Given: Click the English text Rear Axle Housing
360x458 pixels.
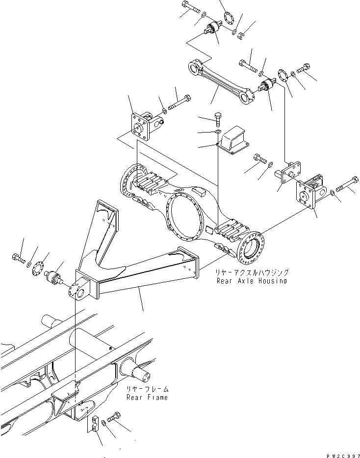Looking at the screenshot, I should [252, 281].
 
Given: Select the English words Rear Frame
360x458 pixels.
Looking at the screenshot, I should [147, 397].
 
